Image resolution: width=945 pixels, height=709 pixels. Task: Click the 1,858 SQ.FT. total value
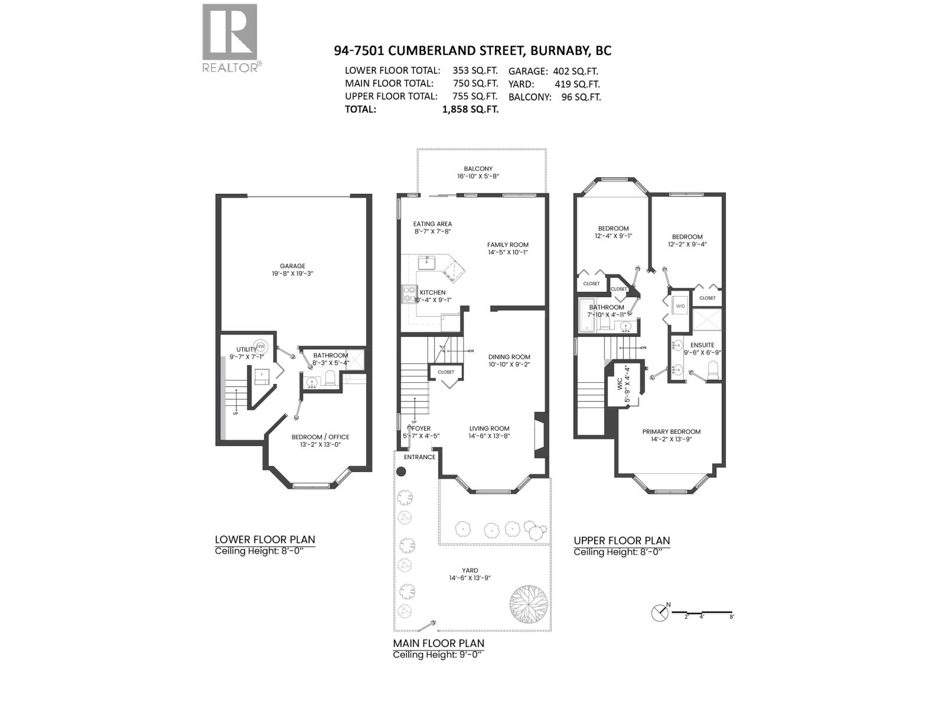pyautogui.click(x=470, y=109)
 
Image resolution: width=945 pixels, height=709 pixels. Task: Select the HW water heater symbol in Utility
pyautogui.click(x=260, y=346)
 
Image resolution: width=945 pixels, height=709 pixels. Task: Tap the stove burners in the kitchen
pyautogui.click(x=408, y=294)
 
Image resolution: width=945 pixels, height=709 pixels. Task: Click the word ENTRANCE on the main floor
pyautogui.click(x=419, y=457)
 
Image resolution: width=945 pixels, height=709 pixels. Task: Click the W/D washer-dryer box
pyautogui.click(x=680, y=306)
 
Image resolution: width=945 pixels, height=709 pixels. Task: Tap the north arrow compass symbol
pyautogui.click(x=659, y=613)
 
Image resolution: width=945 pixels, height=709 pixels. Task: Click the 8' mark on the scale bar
pyautogui.click(x=731, y=616)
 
